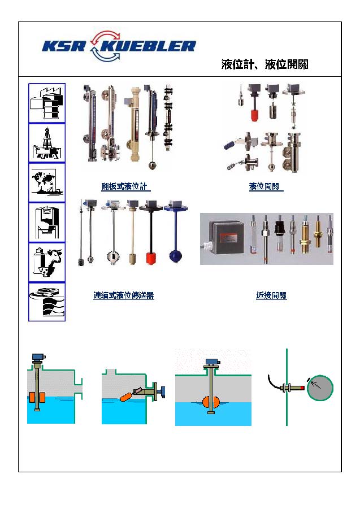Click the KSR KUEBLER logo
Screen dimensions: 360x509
point(119,46)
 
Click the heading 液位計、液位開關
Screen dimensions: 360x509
point(264,64)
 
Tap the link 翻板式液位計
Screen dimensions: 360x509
point(125,186)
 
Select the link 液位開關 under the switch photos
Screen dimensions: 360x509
point(266,186)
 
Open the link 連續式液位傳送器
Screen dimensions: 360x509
point(123,295)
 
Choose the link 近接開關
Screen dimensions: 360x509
point(271,295)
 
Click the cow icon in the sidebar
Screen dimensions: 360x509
point(47,262)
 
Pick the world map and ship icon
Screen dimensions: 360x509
point(47,182)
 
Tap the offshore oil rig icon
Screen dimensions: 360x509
point(47,143)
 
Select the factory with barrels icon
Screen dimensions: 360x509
point(47,103)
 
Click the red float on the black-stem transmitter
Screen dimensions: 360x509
point(151,258)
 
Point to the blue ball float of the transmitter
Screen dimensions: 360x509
point(176,255)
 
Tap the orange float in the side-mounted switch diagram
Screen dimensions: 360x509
point(126,397)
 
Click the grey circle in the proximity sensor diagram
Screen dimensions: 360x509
point(320,388)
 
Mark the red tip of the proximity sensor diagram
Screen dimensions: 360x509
point(302,388)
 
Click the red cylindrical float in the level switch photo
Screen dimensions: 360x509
point(254,115)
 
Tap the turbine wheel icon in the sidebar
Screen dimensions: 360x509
point(47,302)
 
